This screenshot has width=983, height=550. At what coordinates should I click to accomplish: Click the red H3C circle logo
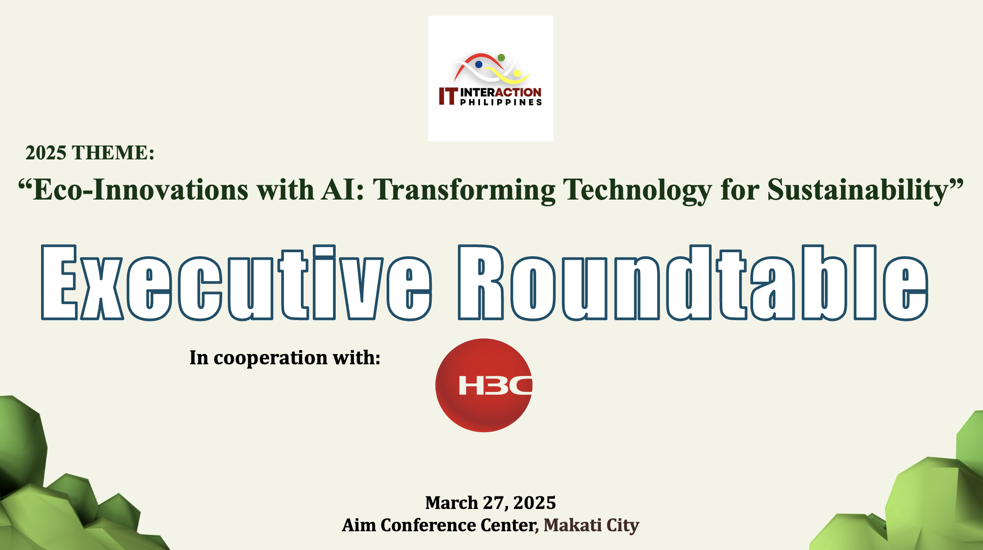484,385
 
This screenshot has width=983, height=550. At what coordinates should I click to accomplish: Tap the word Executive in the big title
237,283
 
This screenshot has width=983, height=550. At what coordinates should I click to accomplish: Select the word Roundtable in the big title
693,283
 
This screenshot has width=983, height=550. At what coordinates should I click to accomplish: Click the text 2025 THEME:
90,153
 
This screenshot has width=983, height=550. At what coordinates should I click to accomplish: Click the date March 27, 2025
491,503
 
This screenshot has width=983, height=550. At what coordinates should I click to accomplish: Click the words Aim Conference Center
440,525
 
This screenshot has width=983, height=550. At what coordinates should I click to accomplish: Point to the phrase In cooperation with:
285,358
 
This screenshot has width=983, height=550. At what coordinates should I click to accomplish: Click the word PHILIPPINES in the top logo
501,102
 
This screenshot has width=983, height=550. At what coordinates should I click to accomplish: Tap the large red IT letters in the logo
448,96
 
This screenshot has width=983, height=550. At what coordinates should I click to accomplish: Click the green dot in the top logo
501,58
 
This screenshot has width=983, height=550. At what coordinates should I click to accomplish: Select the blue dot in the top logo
479,64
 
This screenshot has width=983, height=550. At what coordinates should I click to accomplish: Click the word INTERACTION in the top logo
501,92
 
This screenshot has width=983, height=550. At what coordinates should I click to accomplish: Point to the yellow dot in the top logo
517,73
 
